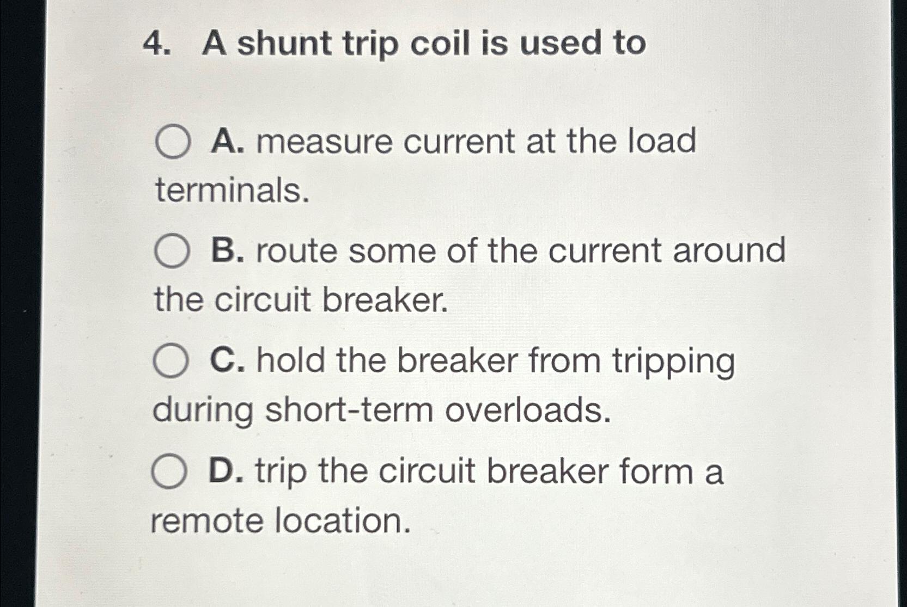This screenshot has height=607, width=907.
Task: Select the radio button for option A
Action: [173, 142]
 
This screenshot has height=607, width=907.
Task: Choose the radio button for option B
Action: [172, 251]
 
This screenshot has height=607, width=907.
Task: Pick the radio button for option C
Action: [171, 361]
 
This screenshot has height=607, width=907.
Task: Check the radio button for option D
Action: [169, 471]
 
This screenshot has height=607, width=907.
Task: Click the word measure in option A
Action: [325, 142]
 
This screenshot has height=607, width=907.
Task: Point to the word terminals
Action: [232, 191]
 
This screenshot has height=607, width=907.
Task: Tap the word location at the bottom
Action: [342, 521]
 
